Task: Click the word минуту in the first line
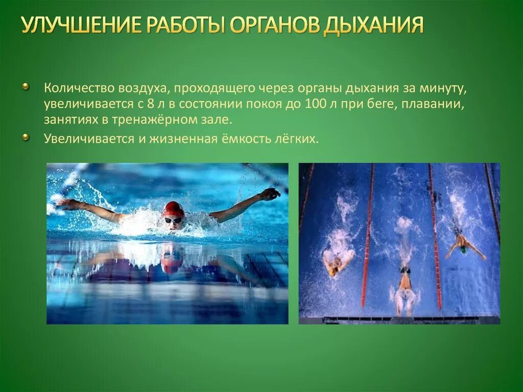(x=442, y=88)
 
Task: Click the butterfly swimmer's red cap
(x=173, y=209)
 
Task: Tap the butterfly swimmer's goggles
(x=173, y=220)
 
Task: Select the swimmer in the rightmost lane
(x=464, y=244)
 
